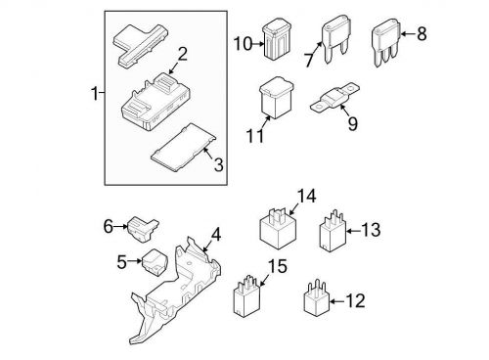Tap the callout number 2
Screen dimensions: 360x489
[x=183, y=55]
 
